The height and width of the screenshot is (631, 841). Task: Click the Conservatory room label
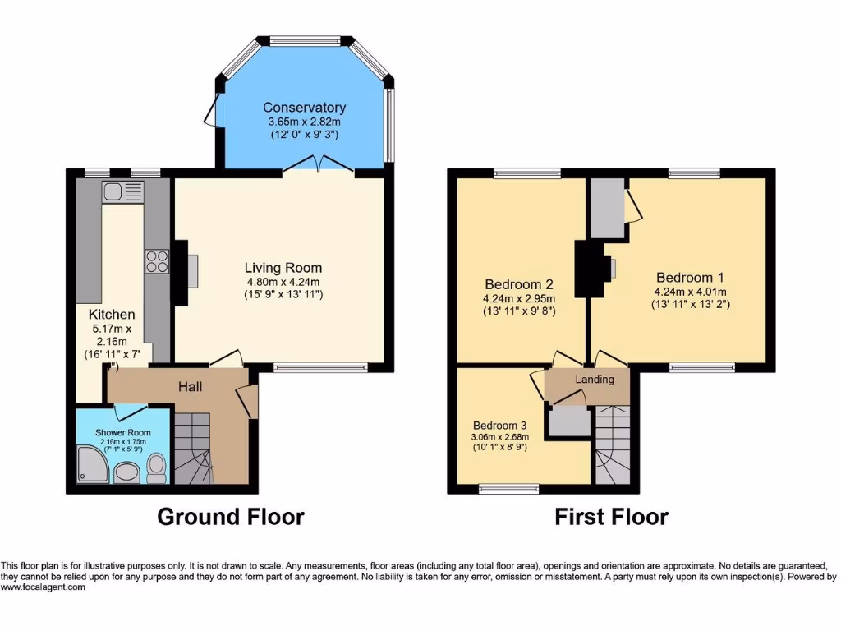(304, 108)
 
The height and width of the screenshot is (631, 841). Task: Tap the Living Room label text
(283, 268)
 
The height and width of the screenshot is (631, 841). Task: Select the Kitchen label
(112, 315)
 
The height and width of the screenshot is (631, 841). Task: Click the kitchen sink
(122, 193)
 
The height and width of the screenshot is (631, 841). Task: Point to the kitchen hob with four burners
(156, 261)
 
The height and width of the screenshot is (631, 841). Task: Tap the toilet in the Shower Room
(156, 469)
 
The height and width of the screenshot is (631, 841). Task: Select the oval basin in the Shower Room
(126, 472)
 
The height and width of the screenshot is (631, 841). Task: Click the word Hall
(190, 386)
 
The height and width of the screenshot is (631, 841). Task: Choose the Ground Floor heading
(230, 517)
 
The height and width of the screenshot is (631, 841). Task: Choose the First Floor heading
(611, 517)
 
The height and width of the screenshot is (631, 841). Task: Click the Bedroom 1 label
(690, 278)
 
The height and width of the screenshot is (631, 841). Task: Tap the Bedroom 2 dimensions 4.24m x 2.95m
(518, 298)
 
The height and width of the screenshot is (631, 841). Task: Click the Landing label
(594, 380)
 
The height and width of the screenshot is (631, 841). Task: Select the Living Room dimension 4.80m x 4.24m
(283, 282)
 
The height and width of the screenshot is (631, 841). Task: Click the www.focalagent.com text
(43, 587)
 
